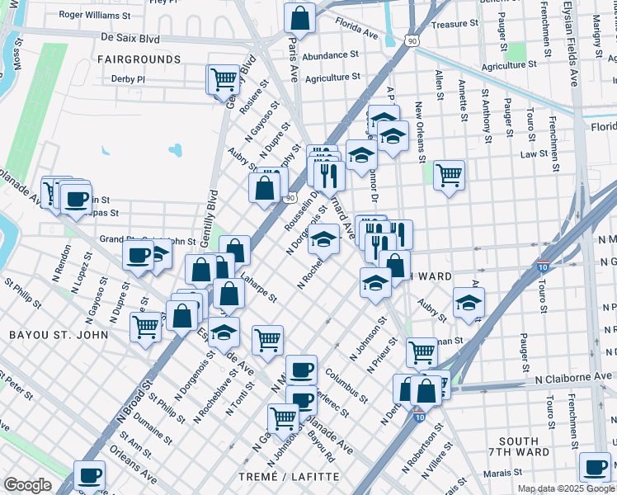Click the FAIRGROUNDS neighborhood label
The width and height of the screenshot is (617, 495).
coord(139,59)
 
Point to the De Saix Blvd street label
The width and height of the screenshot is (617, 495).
coord(130,37)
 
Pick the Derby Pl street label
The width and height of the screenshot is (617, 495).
coord(128,79)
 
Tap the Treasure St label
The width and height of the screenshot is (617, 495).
coord(450,25)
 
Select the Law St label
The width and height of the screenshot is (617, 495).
coord(534,153)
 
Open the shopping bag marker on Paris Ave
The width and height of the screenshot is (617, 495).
coord(300,18)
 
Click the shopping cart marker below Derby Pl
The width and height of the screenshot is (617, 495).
coord(224,80)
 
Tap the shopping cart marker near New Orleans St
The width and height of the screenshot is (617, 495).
coord(449,175)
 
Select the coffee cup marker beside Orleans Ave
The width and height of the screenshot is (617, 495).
coord(90,475)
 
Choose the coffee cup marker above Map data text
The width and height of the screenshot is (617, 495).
coord(594,468)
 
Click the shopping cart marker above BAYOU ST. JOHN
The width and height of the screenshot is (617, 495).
coord(147,327)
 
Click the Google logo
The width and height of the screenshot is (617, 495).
coord(27,484)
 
